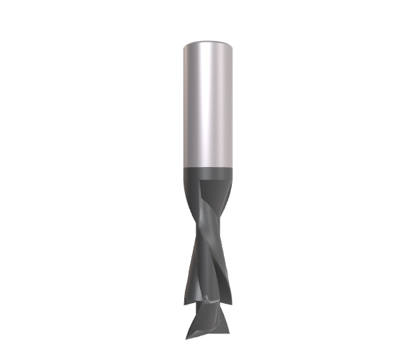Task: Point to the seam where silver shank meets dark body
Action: [208, 168]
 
